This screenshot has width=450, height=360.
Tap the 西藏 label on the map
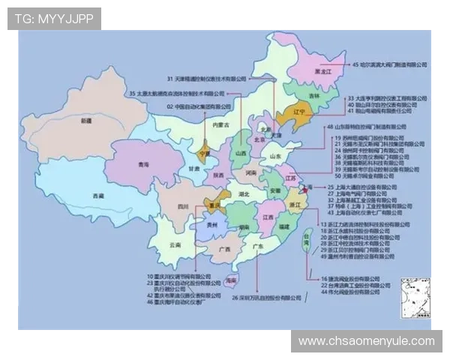(98, 196)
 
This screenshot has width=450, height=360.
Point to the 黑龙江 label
(323, 72)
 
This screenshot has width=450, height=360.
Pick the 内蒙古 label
(220, 125)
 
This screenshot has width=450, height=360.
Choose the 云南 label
(175, 244)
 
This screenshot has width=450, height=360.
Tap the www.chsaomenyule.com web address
(366, 341)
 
